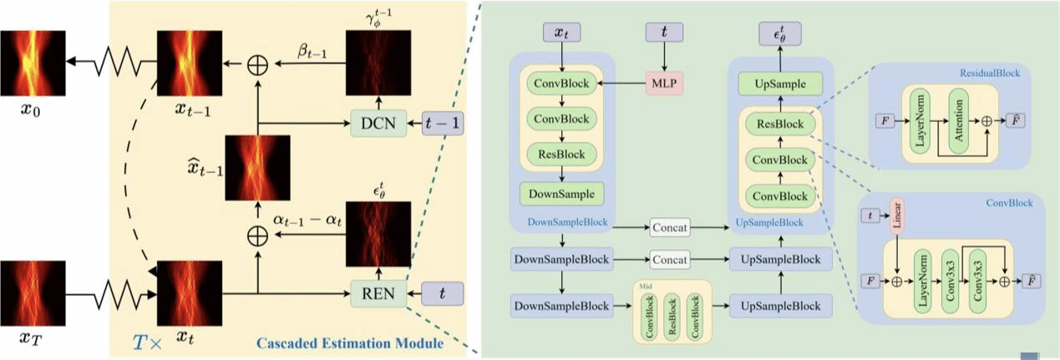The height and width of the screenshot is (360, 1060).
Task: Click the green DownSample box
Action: pos(561,194)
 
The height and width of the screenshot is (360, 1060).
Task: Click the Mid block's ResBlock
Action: pos(670,317)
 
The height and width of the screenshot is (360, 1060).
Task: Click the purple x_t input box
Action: pos(561,33)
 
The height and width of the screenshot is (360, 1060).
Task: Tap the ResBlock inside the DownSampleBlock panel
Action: pos(561,155)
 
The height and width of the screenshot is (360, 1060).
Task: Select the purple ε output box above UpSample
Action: pos(779,33)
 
